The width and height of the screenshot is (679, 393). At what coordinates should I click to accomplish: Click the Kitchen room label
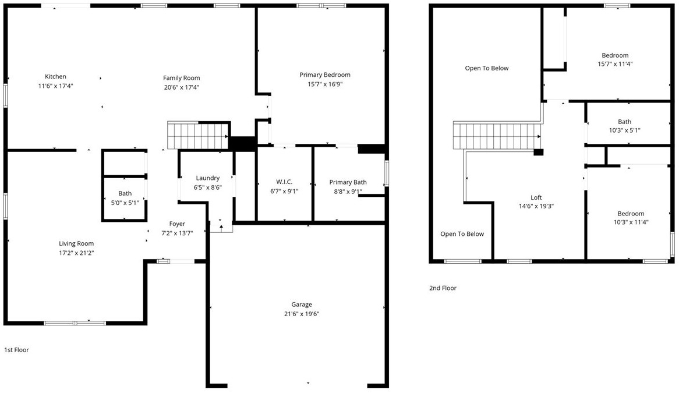pos(55,77)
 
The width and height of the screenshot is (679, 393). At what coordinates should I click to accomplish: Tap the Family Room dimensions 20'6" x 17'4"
pos(182,87)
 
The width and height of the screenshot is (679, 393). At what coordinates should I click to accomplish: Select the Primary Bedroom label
pos(325,75)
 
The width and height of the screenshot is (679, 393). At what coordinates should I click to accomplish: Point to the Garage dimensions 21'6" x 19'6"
pos(302,314)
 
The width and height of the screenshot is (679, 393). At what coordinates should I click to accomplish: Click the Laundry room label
pos(208,178)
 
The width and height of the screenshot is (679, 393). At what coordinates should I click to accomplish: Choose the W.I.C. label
pos(284,182)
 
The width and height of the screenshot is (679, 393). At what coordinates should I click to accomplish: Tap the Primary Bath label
pos(348,182)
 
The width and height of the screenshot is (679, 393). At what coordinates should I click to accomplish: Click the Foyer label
pos(177,224)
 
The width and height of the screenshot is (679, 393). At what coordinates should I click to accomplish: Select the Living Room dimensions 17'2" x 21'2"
pos(76,253)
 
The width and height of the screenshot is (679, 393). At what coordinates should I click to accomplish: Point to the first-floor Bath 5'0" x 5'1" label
pos(125,198)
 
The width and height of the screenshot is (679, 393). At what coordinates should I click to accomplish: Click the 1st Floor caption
pos(16,350)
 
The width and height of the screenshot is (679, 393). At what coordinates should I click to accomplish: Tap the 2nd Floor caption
pos(443,288)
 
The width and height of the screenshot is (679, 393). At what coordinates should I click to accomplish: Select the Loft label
pos(536,198)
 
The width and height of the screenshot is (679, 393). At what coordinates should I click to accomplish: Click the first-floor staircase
pos(198,136)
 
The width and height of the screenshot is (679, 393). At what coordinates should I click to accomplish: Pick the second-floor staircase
pos(497,136)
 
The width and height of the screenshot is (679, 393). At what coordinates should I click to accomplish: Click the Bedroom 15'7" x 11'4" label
pos(615,60)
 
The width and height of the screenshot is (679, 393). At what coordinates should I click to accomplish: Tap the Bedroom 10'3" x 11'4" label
pos(631,218)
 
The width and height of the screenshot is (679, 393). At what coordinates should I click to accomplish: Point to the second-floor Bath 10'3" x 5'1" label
pos(624,126)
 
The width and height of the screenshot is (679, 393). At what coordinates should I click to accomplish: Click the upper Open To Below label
pos(487,68)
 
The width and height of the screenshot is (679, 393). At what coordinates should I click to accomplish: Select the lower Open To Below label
pos(462,234)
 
